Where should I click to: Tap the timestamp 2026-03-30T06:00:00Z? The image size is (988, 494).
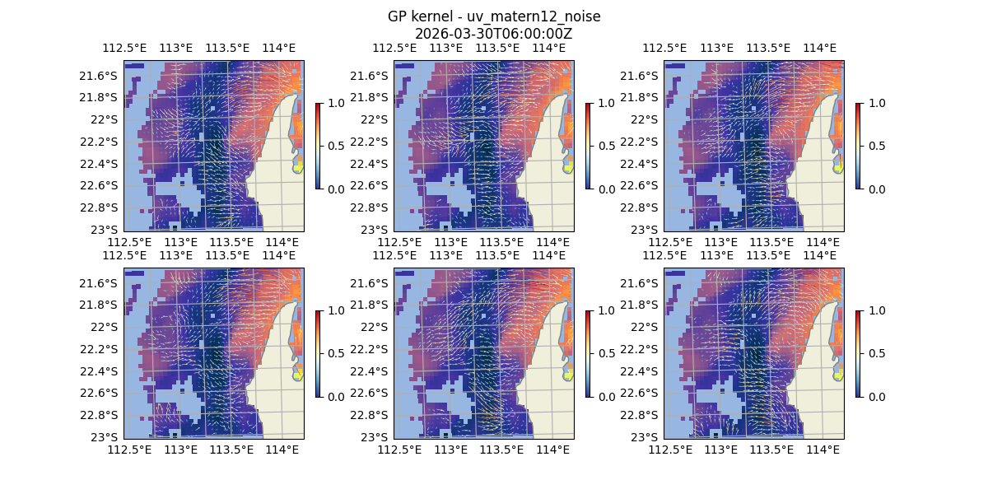(x=494, y=34)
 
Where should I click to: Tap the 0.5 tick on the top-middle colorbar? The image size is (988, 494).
(x=607, y=146)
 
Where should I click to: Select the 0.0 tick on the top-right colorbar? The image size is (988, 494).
(x=877, y=189)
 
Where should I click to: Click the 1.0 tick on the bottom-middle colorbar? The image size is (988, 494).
(x=607, y=310)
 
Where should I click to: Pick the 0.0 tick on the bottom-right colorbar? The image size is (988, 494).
(x=877, y=396)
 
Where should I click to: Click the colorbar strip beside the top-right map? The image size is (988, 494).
(x=859, y=146)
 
